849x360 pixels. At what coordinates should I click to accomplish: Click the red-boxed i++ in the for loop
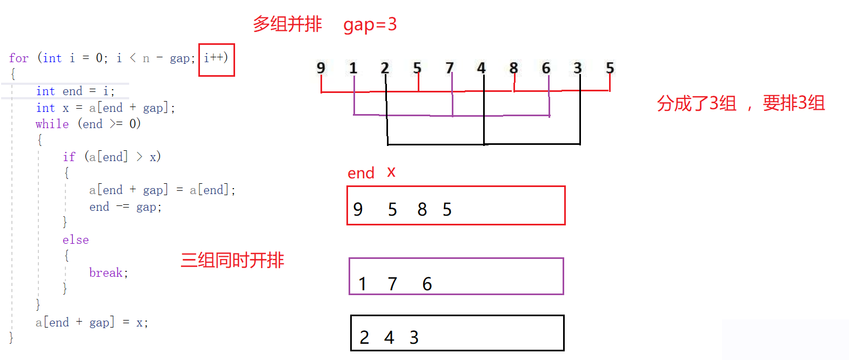click(x=216, y=58)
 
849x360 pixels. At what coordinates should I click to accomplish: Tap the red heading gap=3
click(x=370, y=24)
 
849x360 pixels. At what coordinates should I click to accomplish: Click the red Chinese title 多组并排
click(x=288, y=24)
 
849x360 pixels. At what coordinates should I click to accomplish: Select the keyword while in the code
click(x=52, y=124)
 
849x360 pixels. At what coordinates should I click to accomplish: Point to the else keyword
click(x=75, y=240)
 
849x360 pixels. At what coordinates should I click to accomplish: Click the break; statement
click(x=109, y=273)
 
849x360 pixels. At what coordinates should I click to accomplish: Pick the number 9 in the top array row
click(x=321, y=68)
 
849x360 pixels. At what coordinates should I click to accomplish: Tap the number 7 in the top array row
click(x=450, y=68)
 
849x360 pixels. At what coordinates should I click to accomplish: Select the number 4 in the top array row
click(x=482, y=68)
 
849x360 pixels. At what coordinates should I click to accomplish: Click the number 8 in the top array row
click(x=513, y=68)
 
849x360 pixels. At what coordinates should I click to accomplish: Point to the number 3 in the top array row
click(x=578, y=68)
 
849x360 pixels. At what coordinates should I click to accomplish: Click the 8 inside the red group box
click(x=422, y=210)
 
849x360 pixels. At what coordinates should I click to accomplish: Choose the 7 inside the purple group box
click(x=392, y=284)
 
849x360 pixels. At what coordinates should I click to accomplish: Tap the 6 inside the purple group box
click(x=427, y=284)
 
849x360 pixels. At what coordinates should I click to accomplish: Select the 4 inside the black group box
click(x=389, y=337)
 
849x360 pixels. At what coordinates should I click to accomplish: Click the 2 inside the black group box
click(x=364, y=337)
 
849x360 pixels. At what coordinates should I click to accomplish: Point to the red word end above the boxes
click(x=361, y=174)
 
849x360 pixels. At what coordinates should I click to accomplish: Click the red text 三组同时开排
click(x=232, y=261)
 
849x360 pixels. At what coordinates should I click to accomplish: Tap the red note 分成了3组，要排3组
click(x=741, y=103)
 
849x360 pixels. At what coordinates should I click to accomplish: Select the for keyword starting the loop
click(x=19, y=58)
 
